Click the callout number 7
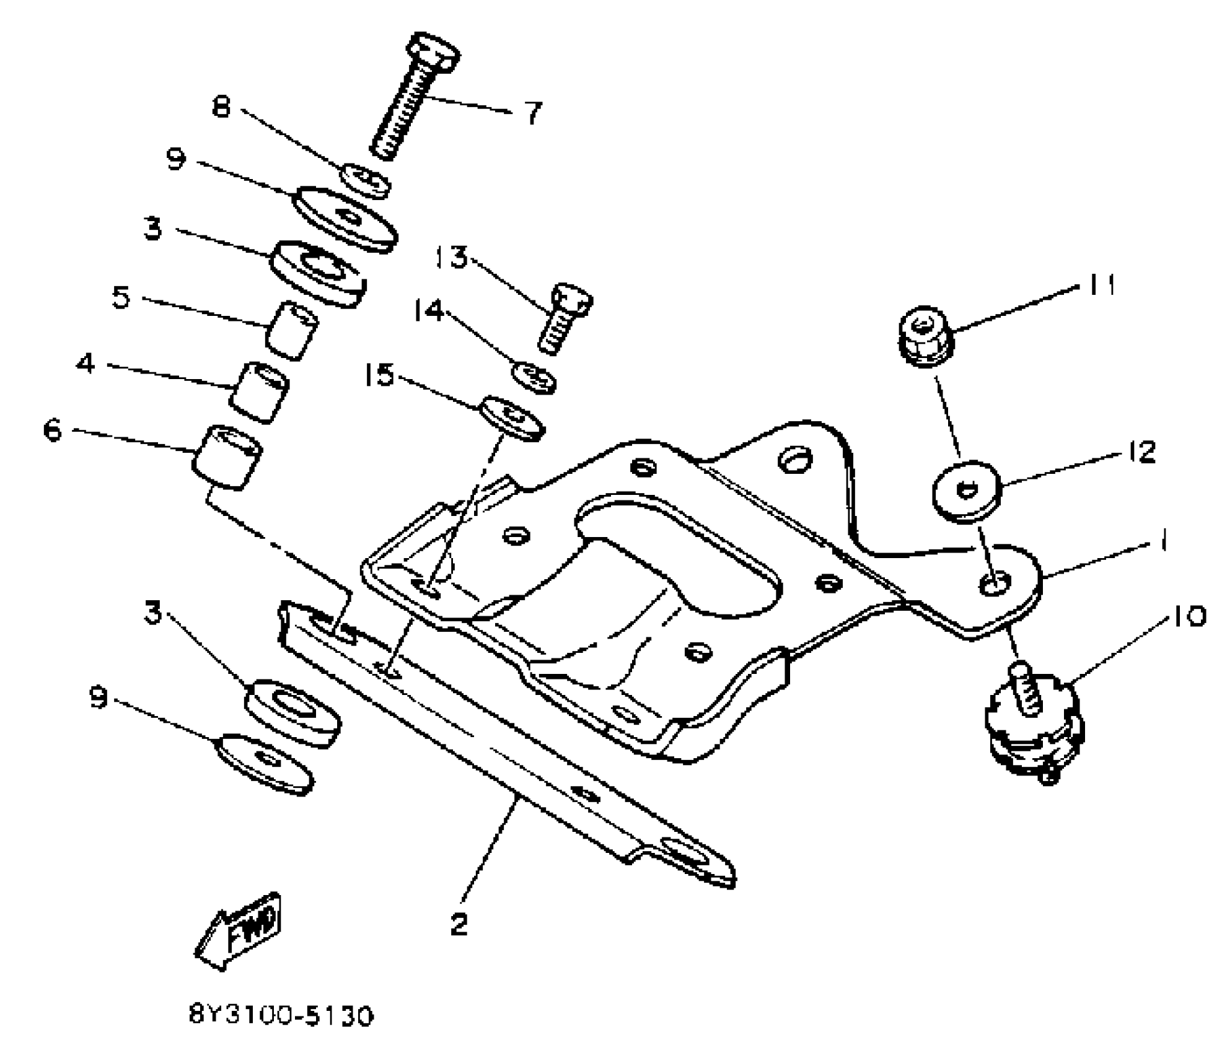[x=532, y=113]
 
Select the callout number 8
[x=221, y=107]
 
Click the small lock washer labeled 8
[x=366, y=181]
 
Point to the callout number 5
[x=121, y=297]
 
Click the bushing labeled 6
[x=227, y=457]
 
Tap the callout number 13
[x=451, y=258]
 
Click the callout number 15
[x=379, y=375]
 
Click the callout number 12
[x=1142, y=452]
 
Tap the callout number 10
[x=1188, y=616]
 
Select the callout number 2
[x=459, y=925]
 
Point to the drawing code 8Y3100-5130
[x=281, y=1016]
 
